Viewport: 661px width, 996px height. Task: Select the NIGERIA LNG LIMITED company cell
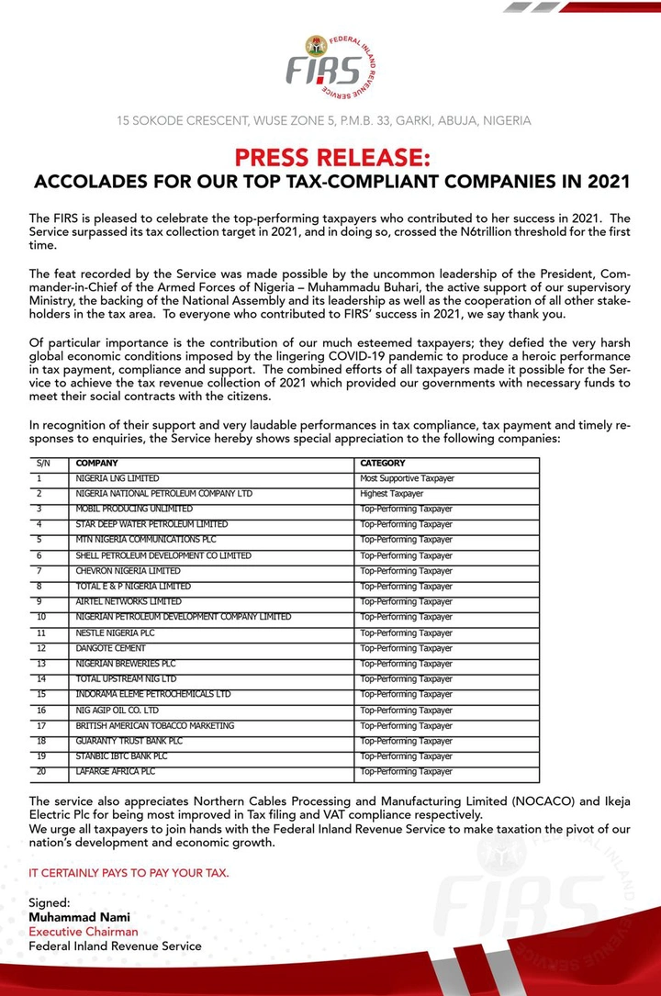pyautogui.click(x=118, y=479)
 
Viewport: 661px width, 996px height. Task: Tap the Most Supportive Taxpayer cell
pyautogui.click(x=407, y=479)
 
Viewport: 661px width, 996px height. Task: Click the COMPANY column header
pyautogui.click(x=96, y=464)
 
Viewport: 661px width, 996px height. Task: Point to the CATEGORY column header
pyautogui.click(x=382, y=464)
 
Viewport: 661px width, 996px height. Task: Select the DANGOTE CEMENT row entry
pyautogui.click(x=111, y=648)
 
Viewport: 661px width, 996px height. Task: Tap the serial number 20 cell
pyautogui.click(x=41, y=771)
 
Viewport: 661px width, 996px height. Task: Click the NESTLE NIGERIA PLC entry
pyautogui.click(x=116, y=633)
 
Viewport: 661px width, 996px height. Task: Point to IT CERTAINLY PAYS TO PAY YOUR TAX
pyautogui.click(x=129, y=873)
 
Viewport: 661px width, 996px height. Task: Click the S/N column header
pyautogui.click(x=43, y=464)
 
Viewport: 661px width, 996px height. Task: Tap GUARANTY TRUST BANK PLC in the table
pyautogui.click(x=129, y=741)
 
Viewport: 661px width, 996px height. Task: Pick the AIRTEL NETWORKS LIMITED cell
pyautogui.click(x=129, y=601)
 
